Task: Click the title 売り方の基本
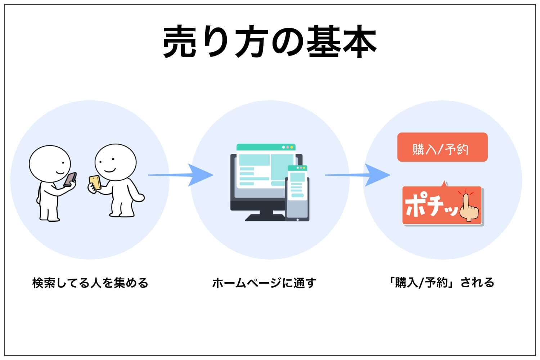270,41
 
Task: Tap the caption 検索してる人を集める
90,283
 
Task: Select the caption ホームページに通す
264,283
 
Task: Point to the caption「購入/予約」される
441,283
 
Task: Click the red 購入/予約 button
442,147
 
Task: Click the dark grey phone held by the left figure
70,179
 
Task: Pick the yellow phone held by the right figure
95,183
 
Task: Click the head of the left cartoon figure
50,164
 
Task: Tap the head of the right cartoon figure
116,162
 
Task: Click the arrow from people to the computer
181,175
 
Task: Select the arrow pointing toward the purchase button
358,175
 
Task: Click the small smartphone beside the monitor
297,193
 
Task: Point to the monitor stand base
265,217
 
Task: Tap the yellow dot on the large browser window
292,147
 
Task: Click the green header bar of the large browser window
266,147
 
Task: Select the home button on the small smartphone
298,220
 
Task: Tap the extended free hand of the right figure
139,198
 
